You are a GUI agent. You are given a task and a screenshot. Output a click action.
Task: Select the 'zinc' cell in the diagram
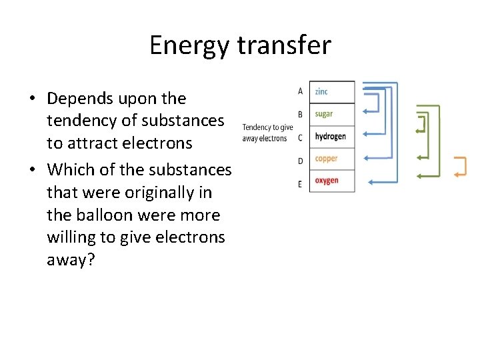coord(331,92)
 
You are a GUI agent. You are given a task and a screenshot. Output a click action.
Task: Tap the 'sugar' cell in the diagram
coord(331,114)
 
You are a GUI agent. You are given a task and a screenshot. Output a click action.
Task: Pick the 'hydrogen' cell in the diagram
coord(331,137)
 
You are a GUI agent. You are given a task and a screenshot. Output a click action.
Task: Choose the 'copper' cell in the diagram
coord(331,159)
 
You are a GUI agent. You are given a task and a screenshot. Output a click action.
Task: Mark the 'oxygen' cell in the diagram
coord(331,181)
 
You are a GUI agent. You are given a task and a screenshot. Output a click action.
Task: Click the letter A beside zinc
coord(300,91)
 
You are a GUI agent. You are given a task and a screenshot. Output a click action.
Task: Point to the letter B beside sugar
coord(300,115)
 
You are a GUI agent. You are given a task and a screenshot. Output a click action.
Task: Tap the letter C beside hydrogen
coord(300,138)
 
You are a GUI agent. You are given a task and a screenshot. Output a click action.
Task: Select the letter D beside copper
coord(300,161)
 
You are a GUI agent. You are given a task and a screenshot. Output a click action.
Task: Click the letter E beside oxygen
coord(300,184)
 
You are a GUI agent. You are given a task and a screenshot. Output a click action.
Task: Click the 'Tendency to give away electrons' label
coord(267,133)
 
